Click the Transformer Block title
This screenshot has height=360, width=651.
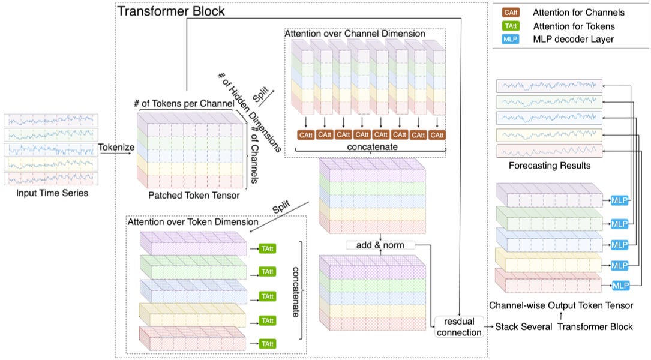(x=170, y=11)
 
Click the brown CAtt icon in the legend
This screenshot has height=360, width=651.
(x=510, y=13)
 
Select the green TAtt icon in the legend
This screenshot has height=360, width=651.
(x=510, y=26)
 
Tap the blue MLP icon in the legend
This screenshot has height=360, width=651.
(x=510, y=39)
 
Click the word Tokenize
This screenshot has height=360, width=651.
(x=116, y=147)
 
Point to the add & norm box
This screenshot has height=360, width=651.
(x=380, y=245)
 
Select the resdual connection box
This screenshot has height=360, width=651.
(x=459, y=327)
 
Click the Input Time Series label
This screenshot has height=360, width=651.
(x=52, y=193)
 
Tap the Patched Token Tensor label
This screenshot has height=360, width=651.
(x=194, y=195)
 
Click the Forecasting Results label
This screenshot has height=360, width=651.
(x=550, y=166)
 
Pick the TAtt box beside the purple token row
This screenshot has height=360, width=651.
(x=267, y=249)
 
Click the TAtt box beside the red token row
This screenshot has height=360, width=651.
(x=267, y=344)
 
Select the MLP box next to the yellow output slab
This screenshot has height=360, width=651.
(x=619, y=265)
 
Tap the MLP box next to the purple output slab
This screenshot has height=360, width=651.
(x=619, y=200)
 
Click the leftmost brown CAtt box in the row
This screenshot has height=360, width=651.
(x=305, y=135)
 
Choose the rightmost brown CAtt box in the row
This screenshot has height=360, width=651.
(x=437, y=135)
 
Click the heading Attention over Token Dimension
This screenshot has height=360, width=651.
(x=193, y=222)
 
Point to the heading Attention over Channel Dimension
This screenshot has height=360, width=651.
(x=355, y=34)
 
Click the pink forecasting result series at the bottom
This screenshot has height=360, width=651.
(x=549, y=151)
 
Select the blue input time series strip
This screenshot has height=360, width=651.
(x=51, y=149)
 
